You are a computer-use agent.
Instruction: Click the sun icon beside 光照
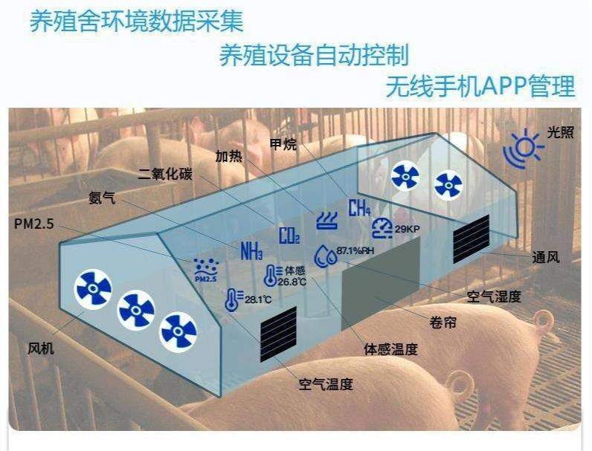[523, 146]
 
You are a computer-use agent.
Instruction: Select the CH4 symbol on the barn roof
[359, 208]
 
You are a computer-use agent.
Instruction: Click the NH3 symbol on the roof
[251, 250]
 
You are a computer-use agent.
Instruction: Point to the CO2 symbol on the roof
[289, 236]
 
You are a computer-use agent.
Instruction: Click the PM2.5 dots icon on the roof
[205, 269]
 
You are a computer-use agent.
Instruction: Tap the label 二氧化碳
[165, 175]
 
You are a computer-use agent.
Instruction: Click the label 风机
[41, 348]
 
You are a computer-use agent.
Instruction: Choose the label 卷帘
[443, 322]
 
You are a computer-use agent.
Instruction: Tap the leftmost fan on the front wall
[94, 290]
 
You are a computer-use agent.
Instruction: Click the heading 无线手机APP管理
[480, 86]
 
